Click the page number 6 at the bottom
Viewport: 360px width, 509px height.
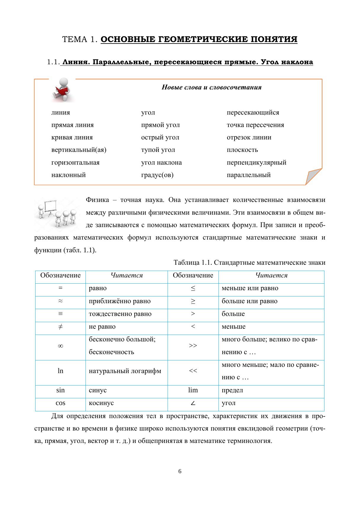180,471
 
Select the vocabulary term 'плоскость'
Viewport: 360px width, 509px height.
242,150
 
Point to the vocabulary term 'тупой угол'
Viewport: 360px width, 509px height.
158,150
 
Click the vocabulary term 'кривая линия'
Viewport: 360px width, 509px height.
72,137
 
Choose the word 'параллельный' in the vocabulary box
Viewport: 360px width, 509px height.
248,175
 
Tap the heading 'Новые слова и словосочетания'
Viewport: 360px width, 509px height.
211,87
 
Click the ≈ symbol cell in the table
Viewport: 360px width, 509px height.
60,301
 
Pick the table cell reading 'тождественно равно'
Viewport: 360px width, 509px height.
120,314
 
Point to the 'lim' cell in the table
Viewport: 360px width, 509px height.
193,390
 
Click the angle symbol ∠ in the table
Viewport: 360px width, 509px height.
193,403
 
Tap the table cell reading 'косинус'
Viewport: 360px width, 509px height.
101,403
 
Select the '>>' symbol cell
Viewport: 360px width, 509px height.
193,346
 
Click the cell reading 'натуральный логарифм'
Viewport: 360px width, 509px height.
125,371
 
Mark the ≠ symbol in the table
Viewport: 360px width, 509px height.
60,327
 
